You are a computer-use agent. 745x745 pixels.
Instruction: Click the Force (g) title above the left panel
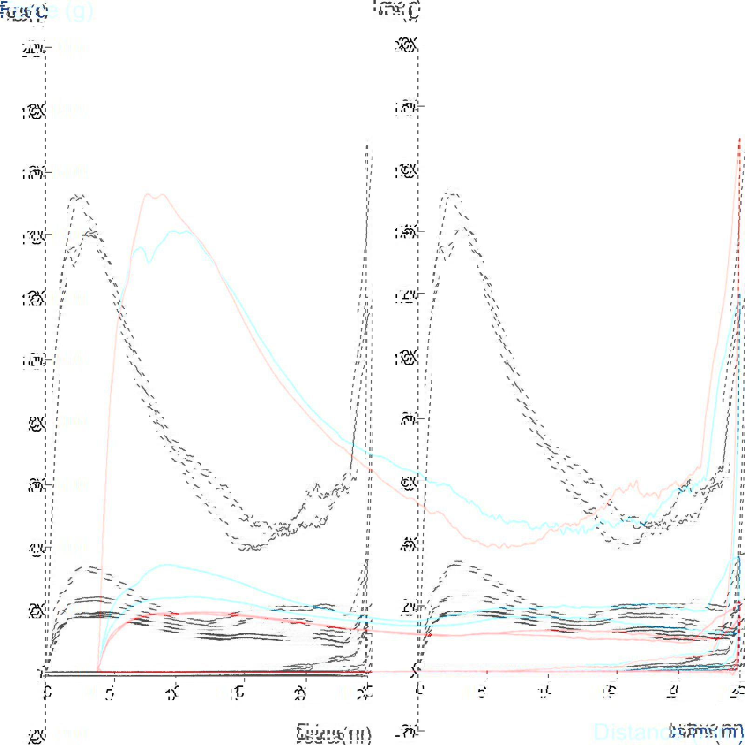click(x=23, y=12)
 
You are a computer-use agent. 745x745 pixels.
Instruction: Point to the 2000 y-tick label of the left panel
click(x=34, y=47)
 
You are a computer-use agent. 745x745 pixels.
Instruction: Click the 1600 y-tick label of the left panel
click(x=34, y=173)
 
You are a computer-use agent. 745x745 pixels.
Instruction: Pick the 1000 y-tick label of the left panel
click(x=34, y=361)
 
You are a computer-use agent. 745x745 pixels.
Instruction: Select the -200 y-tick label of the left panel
click(x=34, y=736)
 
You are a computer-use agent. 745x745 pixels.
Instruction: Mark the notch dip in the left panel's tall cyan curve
click(x=149, y=263)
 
